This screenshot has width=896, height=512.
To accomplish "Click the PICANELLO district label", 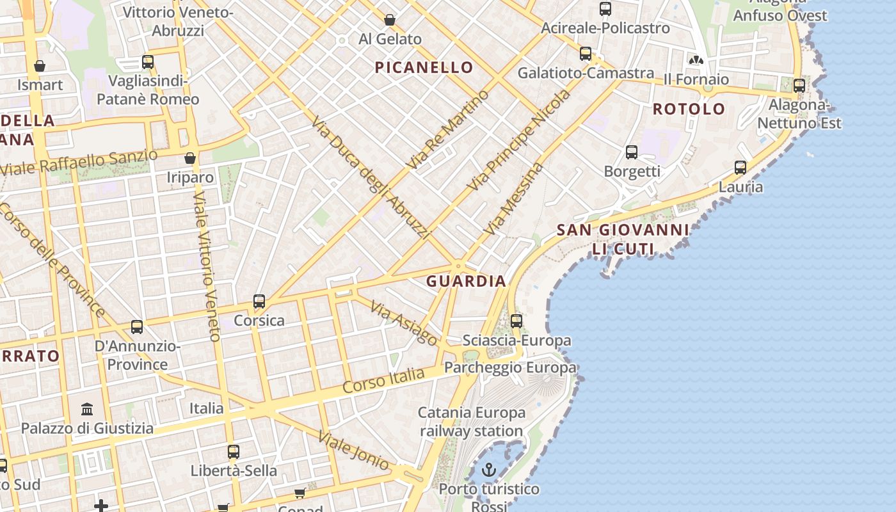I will (424, 67).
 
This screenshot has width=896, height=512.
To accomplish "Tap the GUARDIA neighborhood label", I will (467, 281).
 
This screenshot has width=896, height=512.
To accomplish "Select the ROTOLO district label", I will (689, 109).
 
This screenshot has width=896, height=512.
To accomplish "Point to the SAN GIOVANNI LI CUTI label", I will (622, 239).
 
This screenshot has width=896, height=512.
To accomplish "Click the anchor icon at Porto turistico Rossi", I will (489, 471).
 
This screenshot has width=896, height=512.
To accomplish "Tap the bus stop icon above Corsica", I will (259, 301).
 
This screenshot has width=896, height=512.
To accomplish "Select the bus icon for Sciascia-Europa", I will (516, 321).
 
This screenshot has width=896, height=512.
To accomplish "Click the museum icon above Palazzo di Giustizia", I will (87, 409).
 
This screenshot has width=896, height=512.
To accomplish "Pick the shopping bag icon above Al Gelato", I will (389, 20).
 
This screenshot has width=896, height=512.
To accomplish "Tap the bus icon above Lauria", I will (740, 168).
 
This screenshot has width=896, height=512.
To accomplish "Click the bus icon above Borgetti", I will (632, 152).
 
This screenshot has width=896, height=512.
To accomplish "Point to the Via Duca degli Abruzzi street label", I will (371, 179).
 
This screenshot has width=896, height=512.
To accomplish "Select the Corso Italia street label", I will (383, 381).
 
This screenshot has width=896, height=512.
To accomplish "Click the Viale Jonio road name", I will (353, 451).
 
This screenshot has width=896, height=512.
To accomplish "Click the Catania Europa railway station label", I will (472, 422).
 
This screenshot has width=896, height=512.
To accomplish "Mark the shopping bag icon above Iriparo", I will (189, 158).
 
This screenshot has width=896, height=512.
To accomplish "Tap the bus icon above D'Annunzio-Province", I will (137, 327).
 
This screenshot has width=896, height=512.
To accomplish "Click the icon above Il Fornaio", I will (696, 60).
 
